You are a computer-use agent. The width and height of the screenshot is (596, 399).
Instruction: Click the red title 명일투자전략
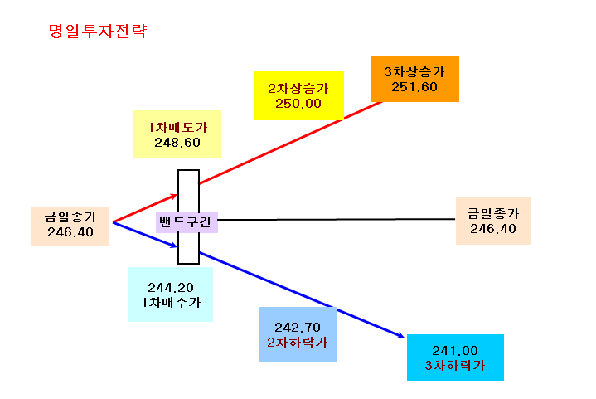[x=98, y=31]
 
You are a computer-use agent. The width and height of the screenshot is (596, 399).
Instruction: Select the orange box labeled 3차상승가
[x=414, y=79]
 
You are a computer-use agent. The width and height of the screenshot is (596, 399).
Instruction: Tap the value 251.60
[x=414, y=87]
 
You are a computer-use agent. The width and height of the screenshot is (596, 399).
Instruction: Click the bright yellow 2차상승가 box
[x=298, y=96]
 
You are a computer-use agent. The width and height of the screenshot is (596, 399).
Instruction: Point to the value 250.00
[x=298, y=104]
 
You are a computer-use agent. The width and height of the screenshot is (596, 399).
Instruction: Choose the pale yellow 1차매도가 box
[x=177, y=134]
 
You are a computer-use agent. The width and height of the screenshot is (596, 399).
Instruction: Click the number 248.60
[x=177, y=143]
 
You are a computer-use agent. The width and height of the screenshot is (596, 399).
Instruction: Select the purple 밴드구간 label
[x=187, y=222]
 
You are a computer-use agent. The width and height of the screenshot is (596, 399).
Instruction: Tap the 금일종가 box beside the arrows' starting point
[x=70, y=226]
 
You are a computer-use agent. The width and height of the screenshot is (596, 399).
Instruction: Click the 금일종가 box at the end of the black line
[x=493, y=221]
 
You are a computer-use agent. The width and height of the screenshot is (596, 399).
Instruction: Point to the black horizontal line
[x=337, y=220]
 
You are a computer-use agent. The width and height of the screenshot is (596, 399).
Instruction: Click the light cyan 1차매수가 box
[x=171, y=294]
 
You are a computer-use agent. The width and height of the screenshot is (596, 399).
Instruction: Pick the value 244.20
[x=171, y=288]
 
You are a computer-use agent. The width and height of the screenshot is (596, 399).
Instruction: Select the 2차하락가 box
[x=298, y=334]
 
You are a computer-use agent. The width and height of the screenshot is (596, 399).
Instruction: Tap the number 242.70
[x=298, y=328]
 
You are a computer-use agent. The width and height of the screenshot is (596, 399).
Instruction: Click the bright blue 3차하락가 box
[x=455, y=358]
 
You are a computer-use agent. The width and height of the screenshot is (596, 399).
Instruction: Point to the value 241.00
[x=455, y=351]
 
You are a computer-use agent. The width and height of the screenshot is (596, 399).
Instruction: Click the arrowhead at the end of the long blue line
[x=401, y=336]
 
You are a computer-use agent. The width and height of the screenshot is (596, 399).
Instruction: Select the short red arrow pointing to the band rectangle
[x=145, y=208]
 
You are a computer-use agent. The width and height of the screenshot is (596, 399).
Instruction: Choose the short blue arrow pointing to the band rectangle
[x=145, y=235]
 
